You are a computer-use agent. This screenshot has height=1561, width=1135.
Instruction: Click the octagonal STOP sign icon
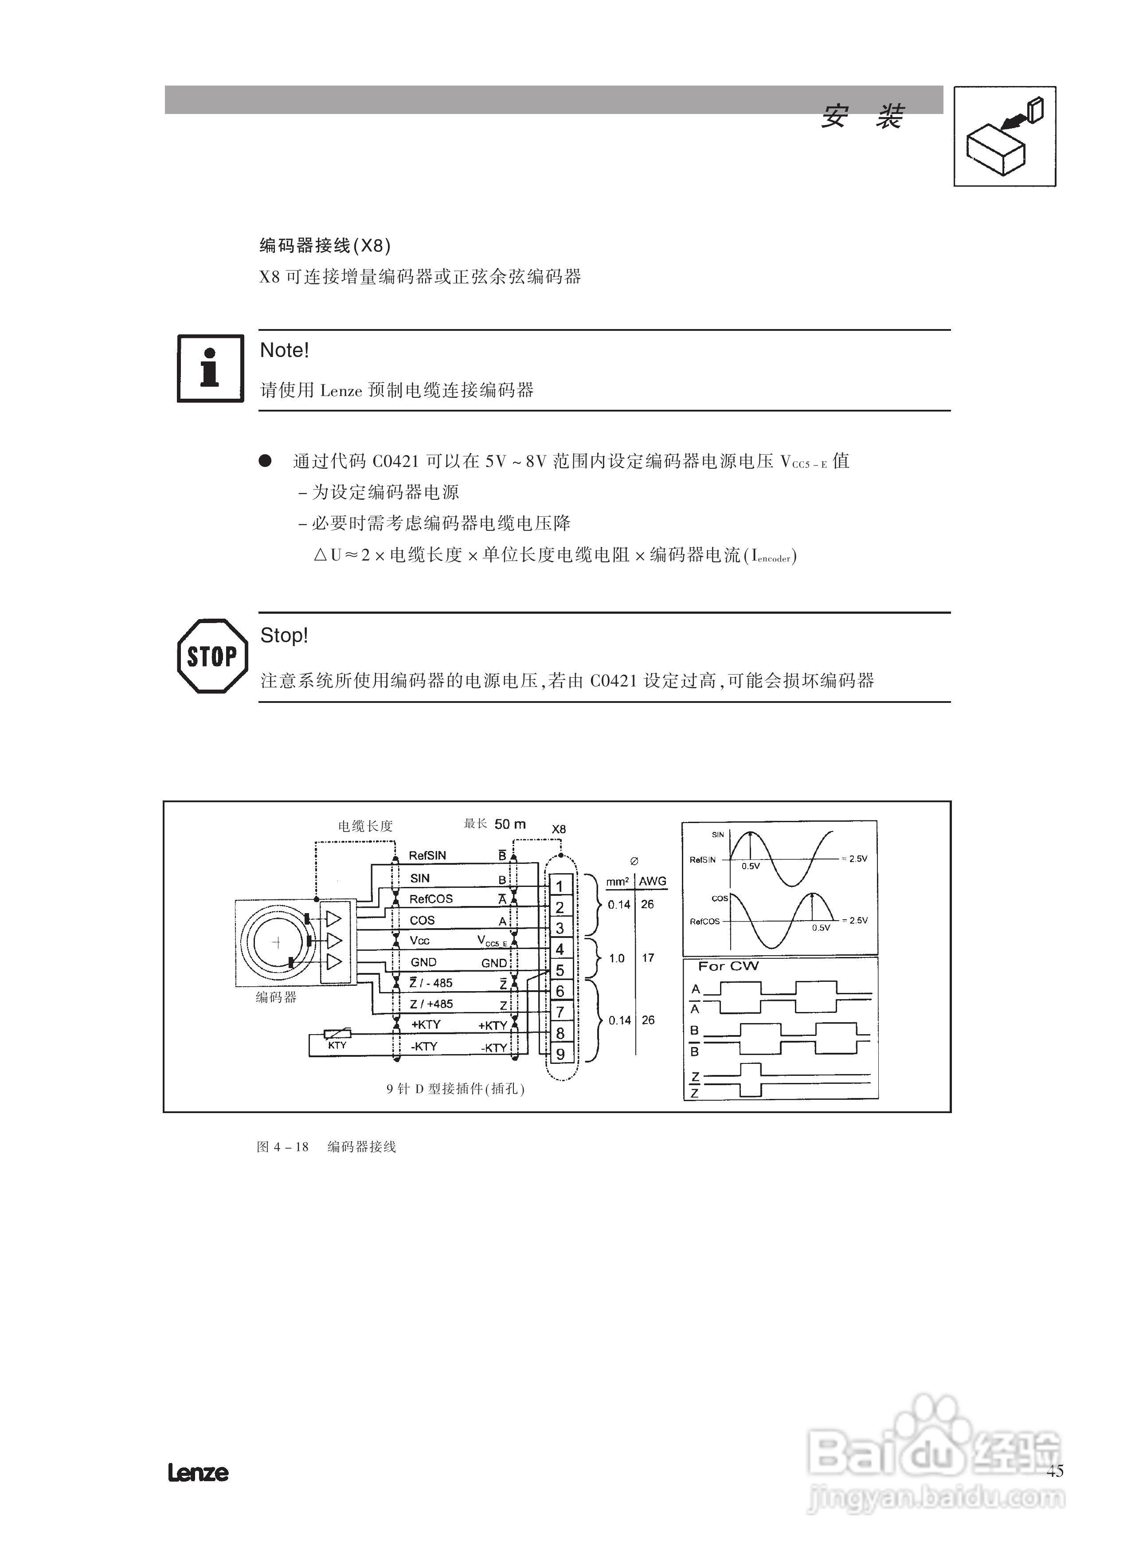tap(212, 655)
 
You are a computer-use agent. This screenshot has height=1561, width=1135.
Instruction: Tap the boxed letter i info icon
tap(210, 368)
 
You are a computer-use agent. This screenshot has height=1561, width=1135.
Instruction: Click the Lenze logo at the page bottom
tap(198, 1473)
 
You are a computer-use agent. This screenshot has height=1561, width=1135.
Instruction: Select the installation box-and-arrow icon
tap(1004, 136)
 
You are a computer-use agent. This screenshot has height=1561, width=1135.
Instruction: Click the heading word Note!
tap(284, 350)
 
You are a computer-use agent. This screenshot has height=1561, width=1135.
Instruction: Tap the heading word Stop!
tap(284, 635)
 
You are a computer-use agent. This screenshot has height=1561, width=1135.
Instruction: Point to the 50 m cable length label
tap(510, 824)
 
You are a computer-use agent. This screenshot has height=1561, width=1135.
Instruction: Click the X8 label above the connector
tap(559, 829)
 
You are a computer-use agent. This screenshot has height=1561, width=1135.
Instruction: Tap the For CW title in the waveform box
tap(728, 966)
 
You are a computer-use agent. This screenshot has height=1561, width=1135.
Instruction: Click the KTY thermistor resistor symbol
tap(337, 1033)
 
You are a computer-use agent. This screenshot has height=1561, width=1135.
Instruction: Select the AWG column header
tap(653, 881)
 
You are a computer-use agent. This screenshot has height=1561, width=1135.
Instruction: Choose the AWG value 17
tap(648, 957)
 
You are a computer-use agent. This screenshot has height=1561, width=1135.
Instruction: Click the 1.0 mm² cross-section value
tap(617, 958)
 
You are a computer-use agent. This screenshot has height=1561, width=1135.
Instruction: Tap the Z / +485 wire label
tap(431, 1004)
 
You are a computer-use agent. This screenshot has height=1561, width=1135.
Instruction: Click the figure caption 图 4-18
tap(283, 1147)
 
